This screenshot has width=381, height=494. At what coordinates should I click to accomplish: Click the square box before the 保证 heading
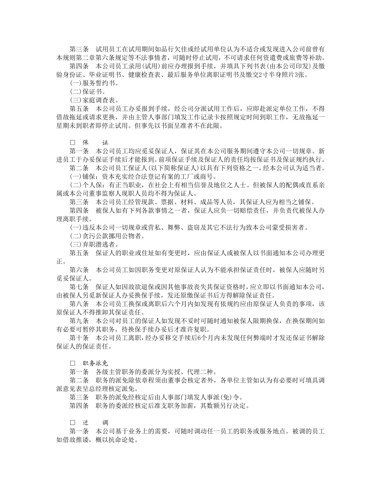tap(73, 143)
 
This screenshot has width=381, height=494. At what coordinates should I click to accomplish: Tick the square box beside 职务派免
tap(73, 363)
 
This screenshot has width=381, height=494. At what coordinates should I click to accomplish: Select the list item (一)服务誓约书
tap(94, 83)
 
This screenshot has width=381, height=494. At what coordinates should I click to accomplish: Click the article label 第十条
tap(79, 338)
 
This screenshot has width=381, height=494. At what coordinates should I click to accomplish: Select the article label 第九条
tap(79, 320)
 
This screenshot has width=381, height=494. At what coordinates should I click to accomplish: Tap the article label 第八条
tap(79, 304)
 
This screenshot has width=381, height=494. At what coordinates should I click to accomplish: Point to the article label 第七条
tap(79, 287)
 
